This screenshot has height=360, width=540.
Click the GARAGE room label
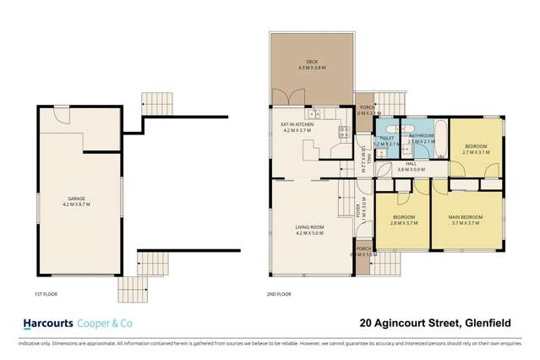coord(76,199)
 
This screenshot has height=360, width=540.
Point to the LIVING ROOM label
coord(311,228)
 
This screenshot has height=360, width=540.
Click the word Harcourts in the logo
coord(45,323)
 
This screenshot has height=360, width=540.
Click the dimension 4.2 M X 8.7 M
coord(76,205)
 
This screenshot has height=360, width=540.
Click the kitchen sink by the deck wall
coord(314,113)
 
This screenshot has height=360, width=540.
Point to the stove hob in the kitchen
coord(344,131)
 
